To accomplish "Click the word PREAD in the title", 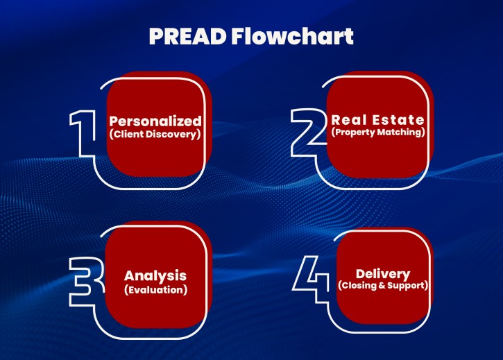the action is click(x=187, y=36).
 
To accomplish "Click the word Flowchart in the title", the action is click(x=292, y=36).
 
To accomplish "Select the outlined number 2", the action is click(x=308, y=132).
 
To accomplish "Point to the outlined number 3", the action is click(x=87, y=282).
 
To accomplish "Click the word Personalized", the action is click(x=155, y=121).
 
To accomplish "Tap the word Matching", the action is click(x=400, y=132).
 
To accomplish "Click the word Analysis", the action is click(x=155, y=276).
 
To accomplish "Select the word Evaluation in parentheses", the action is click(x=156, y=290).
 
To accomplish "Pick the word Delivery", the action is click(x=383, y=274).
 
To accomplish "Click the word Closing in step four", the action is click(x=359, y=285).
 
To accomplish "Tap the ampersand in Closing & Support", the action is click(x=382, y=285).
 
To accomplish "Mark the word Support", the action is click(x=406, y=286).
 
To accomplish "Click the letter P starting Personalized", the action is click(x=114, y=121).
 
